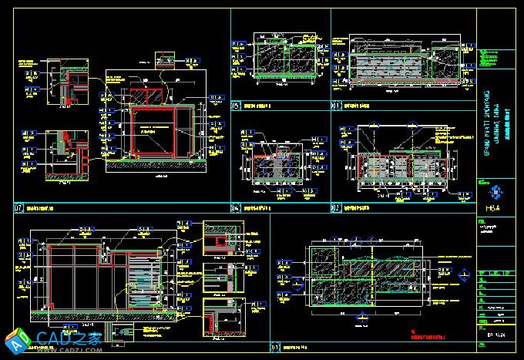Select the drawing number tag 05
coord(236,106)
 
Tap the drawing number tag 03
coord(336,106)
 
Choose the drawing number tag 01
coord(275,348)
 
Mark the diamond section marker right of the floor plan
coord(465,276)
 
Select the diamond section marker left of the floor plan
coord(281,278)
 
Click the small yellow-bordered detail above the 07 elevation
coord(165,59)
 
